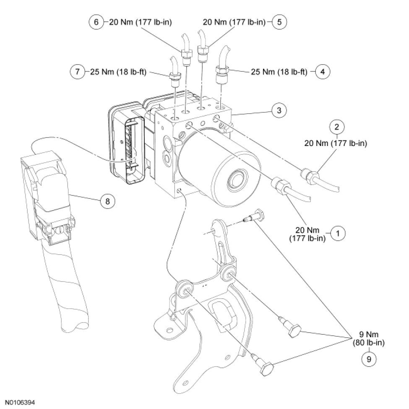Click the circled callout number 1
(x=338, y=233)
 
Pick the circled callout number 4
(x=322, y=72)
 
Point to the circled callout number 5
(x=279, y=22)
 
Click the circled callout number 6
(x=96, y=22)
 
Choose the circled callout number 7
(x=77, y=72)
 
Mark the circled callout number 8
(x=107, y=201)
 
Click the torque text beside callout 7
(x=118, y=72)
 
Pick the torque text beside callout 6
(x=142, y=22)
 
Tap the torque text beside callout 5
(x=234, y=22)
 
